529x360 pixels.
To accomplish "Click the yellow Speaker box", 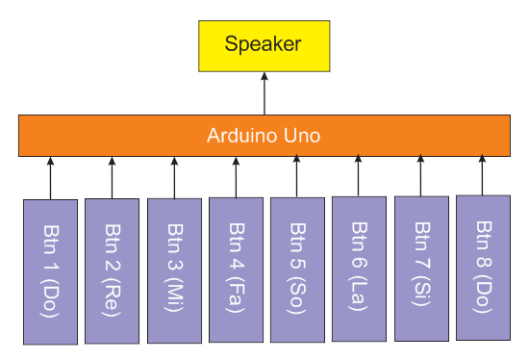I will tap(264, 44).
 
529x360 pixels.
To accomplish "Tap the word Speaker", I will tap(263, 44).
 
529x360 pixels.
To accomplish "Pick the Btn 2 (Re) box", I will tap(112, 270).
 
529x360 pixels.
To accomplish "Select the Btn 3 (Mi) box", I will tap(174, 270).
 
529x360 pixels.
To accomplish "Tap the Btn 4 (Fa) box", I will tap(236, 270).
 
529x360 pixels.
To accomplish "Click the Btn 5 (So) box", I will tap(297, 270).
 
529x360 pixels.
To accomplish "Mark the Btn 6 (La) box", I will tap(359, 269).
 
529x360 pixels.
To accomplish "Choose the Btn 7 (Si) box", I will tap(420, 269).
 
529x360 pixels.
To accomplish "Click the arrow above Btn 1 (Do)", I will tap(50, 177).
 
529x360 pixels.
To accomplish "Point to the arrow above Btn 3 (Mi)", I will tap(174, 177).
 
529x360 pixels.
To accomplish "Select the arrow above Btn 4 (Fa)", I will tap(236, 176).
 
